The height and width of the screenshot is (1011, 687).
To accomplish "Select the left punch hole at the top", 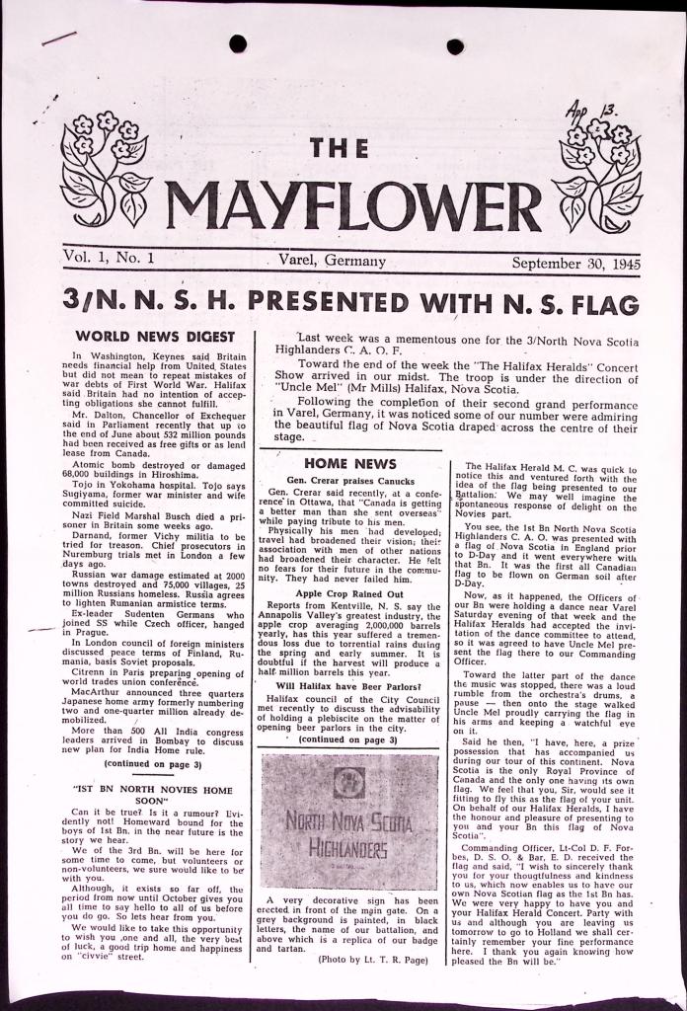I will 238,43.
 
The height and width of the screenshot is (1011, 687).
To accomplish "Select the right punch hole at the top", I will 455,46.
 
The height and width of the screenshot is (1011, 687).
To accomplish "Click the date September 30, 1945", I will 576,264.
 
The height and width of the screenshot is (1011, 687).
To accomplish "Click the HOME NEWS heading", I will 350,462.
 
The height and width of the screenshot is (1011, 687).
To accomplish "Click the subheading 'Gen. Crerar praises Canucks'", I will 348,480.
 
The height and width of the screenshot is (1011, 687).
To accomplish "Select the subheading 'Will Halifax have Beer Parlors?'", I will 350,685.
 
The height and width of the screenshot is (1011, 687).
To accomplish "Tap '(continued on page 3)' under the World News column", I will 152,764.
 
